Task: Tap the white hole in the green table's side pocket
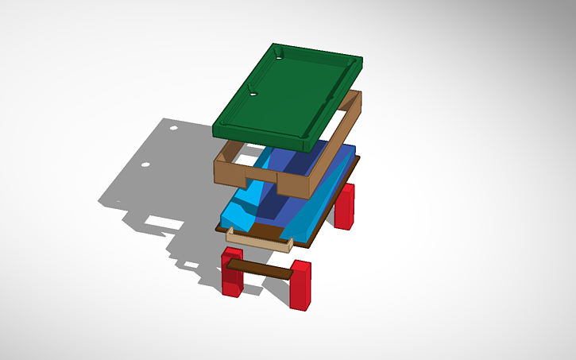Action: (x=253, y=94)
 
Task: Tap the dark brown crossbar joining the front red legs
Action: (x=261, y=267)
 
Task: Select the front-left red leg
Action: (x=232, y=275)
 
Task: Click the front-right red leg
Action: (x=300, y=284)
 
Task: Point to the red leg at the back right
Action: (x=345, y=206)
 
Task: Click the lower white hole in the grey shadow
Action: (x=145, y=165)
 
